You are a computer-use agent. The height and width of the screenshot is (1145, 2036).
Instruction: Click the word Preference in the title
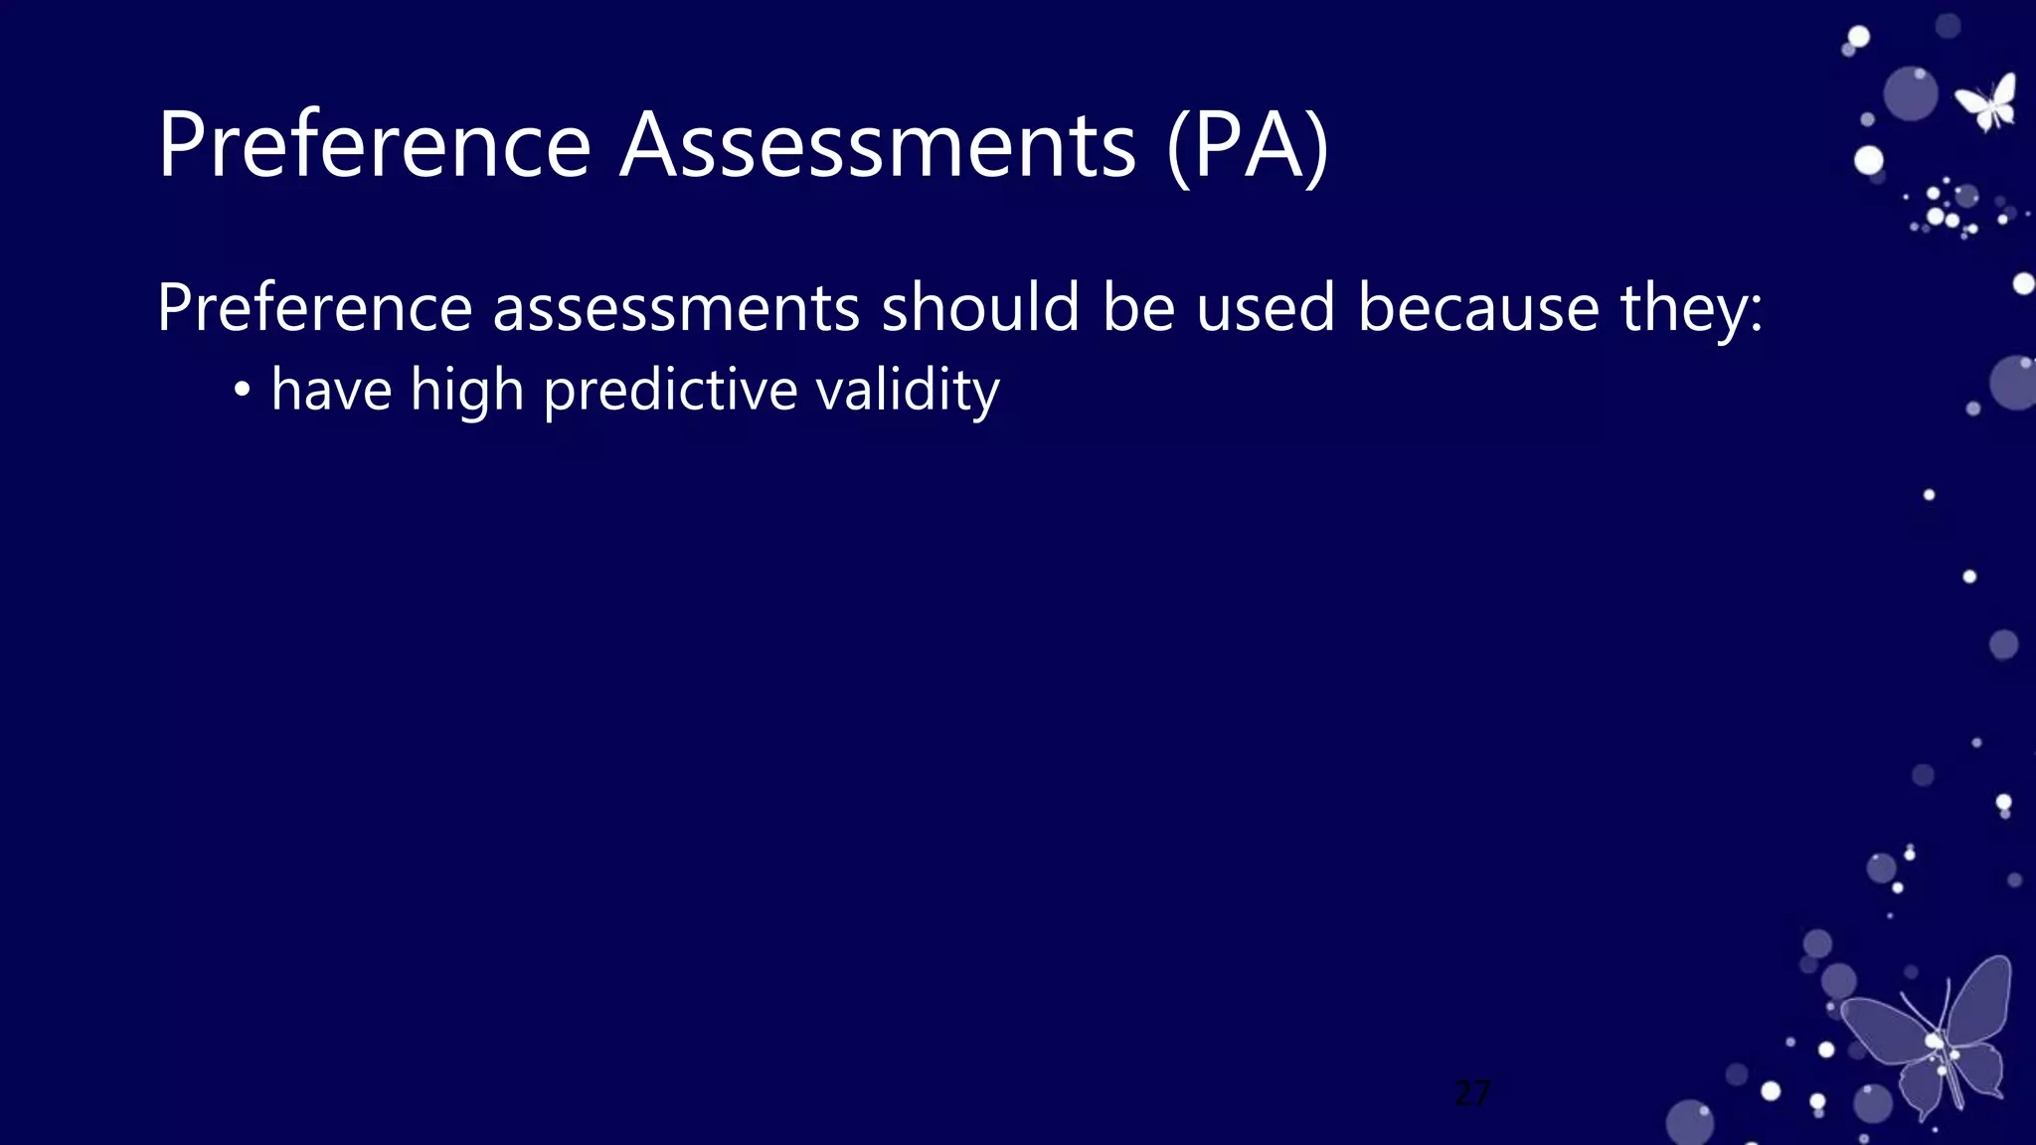pos(374,145)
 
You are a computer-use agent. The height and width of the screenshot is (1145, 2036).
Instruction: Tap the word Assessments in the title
pos(877,145)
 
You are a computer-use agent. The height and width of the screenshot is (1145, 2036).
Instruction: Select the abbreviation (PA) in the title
pos(1248,147)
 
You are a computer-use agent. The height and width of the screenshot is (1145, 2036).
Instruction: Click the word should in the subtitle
pos(979,307)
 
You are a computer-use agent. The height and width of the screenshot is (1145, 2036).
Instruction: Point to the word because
pos(1478,307)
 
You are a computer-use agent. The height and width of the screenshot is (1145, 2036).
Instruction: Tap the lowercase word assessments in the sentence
pos(676,309)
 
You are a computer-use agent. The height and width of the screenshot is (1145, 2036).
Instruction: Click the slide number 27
pos(1472,1093)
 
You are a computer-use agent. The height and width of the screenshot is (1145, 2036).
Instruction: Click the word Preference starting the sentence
pos(314,307)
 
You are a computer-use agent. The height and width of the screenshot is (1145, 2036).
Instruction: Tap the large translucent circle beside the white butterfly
pos(1910,94)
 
